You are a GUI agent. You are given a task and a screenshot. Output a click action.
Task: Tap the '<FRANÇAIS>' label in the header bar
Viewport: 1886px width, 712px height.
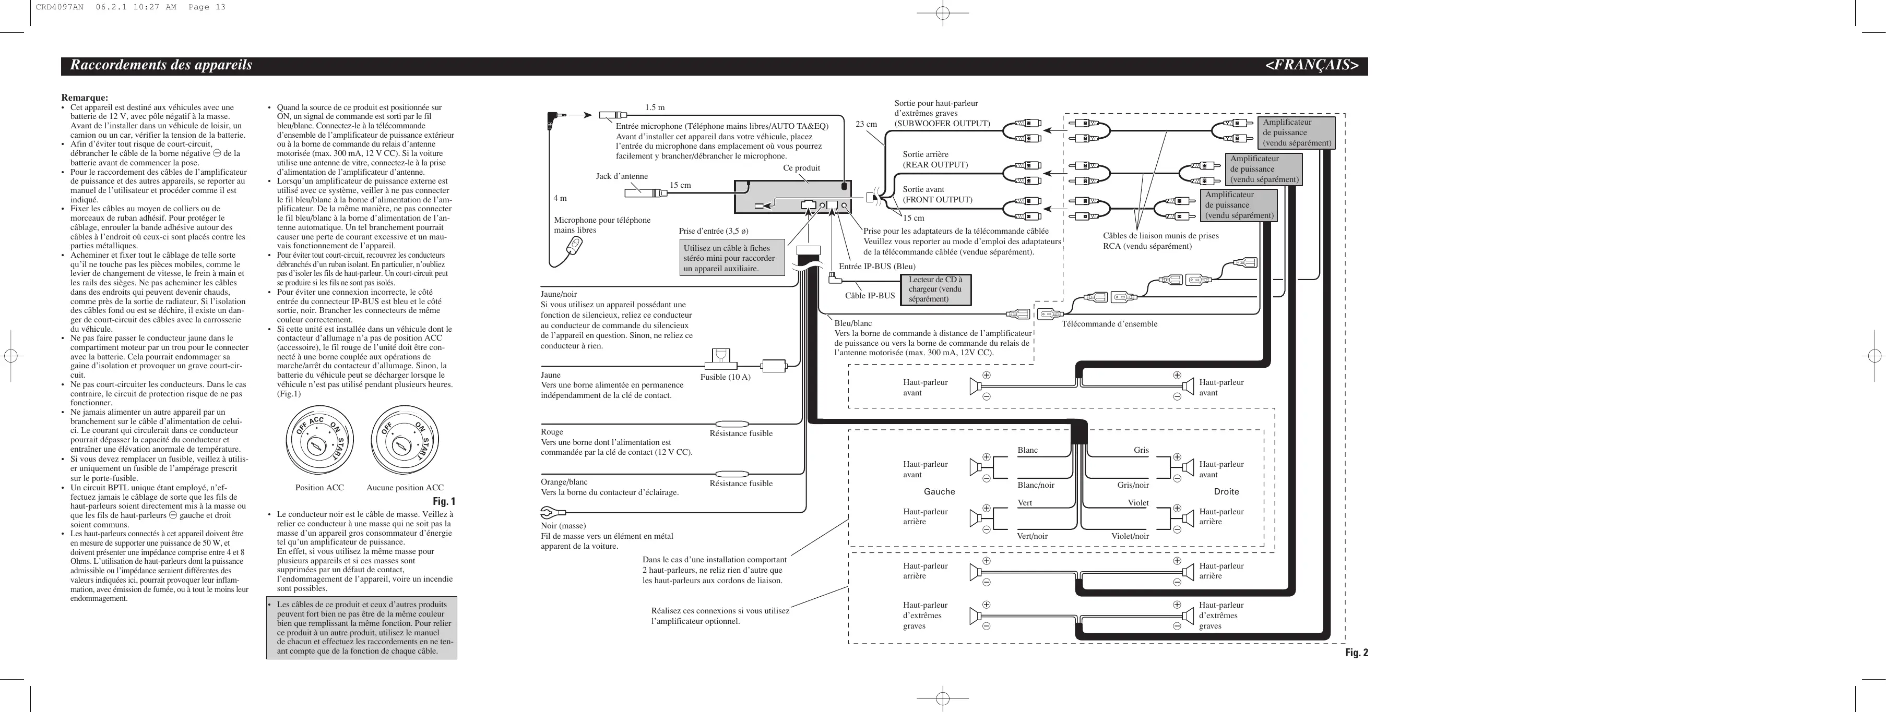1311,65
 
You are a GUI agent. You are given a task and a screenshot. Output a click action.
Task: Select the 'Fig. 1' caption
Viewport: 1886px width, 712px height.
444,501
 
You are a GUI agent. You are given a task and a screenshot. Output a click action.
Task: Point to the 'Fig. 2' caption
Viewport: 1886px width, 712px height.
1356,653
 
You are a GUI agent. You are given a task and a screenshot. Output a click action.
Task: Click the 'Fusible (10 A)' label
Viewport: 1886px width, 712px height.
725,377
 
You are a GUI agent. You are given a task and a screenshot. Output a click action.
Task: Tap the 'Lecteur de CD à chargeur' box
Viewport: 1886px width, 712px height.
935,289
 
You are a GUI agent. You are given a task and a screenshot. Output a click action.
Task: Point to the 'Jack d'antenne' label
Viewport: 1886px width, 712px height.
622,176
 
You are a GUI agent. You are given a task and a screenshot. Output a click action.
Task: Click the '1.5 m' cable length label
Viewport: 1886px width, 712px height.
655,107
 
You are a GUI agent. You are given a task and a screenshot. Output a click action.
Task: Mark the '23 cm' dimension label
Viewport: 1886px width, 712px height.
866,124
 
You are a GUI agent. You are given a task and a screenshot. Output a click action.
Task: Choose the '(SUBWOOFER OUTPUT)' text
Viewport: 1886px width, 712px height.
942,124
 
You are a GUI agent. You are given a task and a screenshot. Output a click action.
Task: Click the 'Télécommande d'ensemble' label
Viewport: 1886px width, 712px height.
1109,323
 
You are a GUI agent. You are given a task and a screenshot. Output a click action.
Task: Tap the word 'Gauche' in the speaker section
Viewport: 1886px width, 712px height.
939,492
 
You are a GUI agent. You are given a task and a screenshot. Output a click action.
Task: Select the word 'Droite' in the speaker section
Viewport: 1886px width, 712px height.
1226,492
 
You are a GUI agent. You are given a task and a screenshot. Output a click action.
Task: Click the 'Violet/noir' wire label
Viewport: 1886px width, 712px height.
1130,536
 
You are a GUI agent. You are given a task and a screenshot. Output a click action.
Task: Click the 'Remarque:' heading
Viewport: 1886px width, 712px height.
84,98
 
